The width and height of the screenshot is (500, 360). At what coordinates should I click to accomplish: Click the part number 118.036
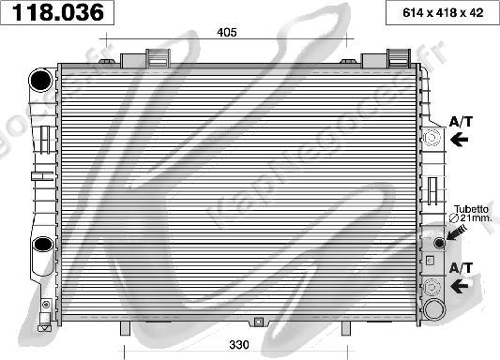point(58,12)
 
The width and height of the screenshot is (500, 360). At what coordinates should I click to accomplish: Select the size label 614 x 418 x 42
point(443,13)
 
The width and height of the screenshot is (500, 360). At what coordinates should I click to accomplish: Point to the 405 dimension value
point(227,32)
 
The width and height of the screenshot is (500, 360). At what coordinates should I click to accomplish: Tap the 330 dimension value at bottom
point(239,344)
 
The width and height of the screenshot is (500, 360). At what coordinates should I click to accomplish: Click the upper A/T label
point(461,122)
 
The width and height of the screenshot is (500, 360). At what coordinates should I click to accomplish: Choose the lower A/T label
point(461,268)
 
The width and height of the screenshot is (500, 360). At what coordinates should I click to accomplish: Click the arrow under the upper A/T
point(459,140)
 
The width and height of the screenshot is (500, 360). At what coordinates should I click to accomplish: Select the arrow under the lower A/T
point(459,285)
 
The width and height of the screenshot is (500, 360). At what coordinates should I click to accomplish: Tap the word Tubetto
point(471,209)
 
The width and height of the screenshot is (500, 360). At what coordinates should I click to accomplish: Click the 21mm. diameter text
point(470,217)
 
